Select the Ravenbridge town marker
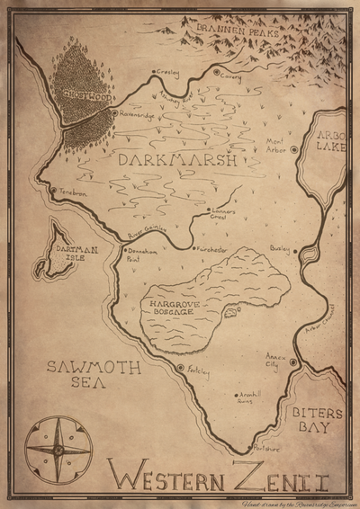[113, 113]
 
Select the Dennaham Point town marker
[123, 249]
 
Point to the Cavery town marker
[216, 71]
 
